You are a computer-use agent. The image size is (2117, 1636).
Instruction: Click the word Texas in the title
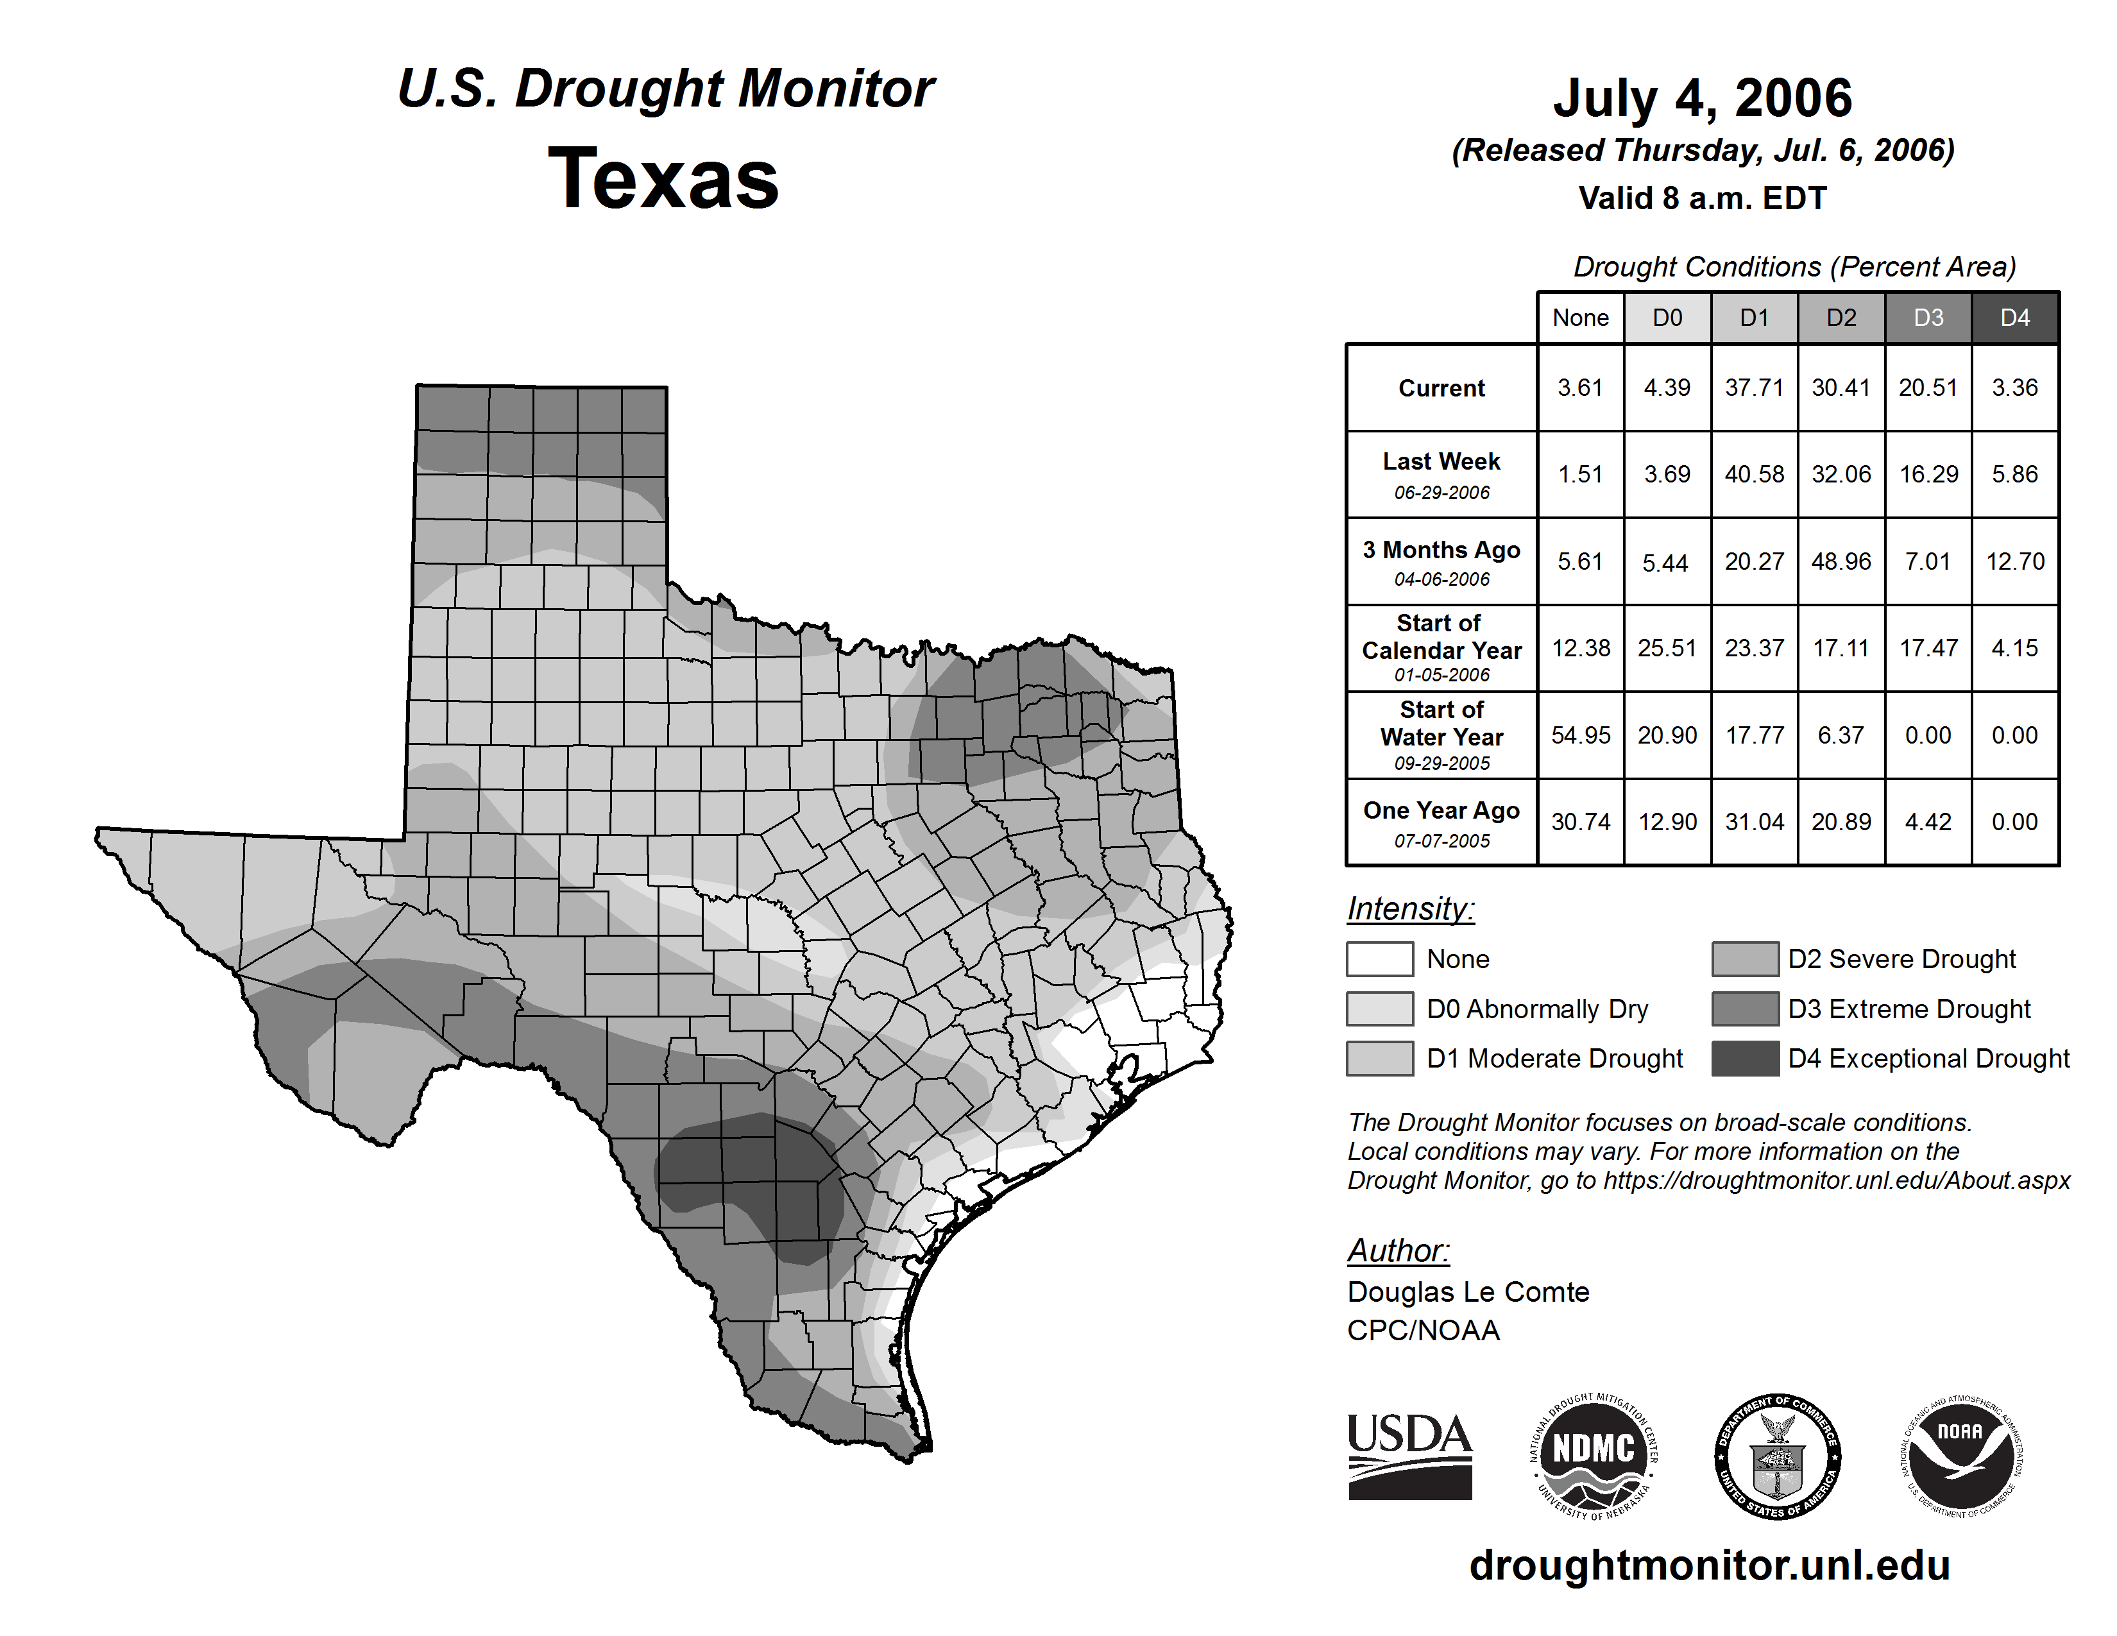click(x=663, y=179)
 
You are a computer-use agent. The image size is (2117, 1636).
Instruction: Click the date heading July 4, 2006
click(x=1702, y=98)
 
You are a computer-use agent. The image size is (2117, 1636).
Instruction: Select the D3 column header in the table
click(x=1928, y=318)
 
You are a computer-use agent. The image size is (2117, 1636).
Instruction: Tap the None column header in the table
click(x=1580, y=318)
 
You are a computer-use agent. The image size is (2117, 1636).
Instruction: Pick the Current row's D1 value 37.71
click(x=1753, y=388)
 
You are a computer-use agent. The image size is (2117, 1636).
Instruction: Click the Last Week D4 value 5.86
click(x=2014, y=474)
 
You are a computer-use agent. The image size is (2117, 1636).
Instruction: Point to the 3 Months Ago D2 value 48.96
click(x=1841, y=561)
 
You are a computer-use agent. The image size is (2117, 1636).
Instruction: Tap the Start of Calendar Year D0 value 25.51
click(x=1667, y=647)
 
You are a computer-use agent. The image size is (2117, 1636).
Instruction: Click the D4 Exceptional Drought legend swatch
click(x=1745, y=1059)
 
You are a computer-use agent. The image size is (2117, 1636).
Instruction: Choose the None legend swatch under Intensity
click(x=1379, y=959)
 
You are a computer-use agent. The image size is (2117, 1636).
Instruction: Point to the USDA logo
click(x=1409, y=1456)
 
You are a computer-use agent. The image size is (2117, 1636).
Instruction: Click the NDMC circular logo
click(x=1594, y=1456)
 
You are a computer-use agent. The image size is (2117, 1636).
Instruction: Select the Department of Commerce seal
click(x=1777, y=1456)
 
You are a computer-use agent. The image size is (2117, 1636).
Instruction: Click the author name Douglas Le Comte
click(x=1468, y=1292)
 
